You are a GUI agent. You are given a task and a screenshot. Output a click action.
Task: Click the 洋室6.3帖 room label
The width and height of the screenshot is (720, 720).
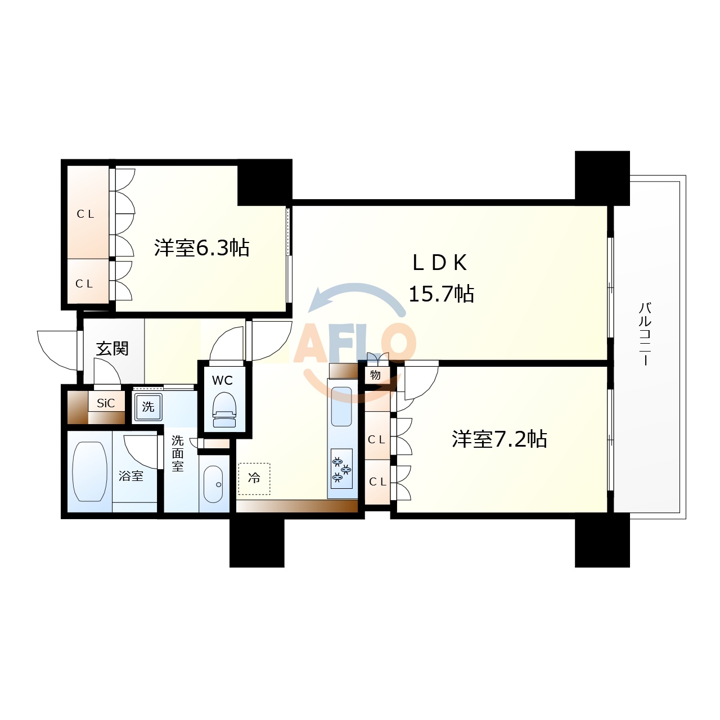(x=202, y=247)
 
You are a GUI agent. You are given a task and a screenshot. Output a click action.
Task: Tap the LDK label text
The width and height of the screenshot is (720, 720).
(x=440, y=263)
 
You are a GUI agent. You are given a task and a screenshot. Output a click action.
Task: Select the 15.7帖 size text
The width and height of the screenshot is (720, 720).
(x=441, y=294)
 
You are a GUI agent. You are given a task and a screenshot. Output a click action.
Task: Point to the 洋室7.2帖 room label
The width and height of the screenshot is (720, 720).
(x=499, y=439)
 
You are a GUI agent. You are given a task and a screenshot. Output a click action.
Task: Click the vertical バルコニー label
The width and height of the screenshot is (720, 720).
(x=645, y=334)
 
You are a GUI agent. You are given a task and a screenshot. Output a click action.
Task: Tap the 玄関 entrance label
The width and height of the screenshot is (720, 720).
(x=112, y=349)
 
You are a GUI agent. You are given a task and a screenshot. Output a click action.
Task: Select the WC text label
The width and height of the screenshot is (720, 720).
(x=222, y=381)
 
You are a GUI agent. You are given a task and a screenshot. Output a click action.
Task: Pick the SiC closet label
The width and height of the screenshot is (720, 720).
(x=106, y=403)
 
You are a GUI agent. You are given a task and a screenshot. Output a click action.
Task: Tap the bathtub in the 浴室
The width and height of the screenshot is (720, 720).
(x=89, y=471)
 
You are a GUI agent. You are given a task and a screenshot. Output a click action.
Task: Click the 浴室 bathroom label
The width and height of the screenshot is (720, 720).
(x=131, y=476)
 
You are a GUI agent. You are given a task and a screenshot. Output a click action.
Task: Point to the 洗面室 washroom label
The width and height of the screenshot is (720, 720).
(x=178, y=453)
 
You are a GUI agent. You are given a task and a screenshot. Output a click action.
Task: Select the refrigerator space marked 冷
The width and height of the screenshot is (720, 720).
(x=254, y=479)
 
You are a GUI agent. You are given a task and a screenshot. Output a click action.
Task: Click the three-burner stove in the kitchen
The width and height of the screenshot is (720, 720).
(x=341, y=469)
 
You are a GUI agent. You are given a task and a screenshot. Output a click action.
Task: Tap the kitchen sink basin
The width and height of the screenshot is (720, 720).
(x=341, y=407)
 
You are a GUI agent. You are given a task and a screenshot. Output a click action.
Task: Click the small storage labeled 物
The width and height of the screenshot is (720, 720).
(x=375, y=375)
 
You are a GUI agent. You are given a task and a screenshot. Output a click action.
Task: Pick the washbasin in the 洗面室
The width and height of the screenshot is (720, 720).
(x=213, y=484)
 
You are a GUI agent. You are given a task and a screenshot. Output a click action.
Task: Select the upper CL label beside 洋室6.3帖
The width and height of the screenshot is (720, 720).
(x=85, y=214)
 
